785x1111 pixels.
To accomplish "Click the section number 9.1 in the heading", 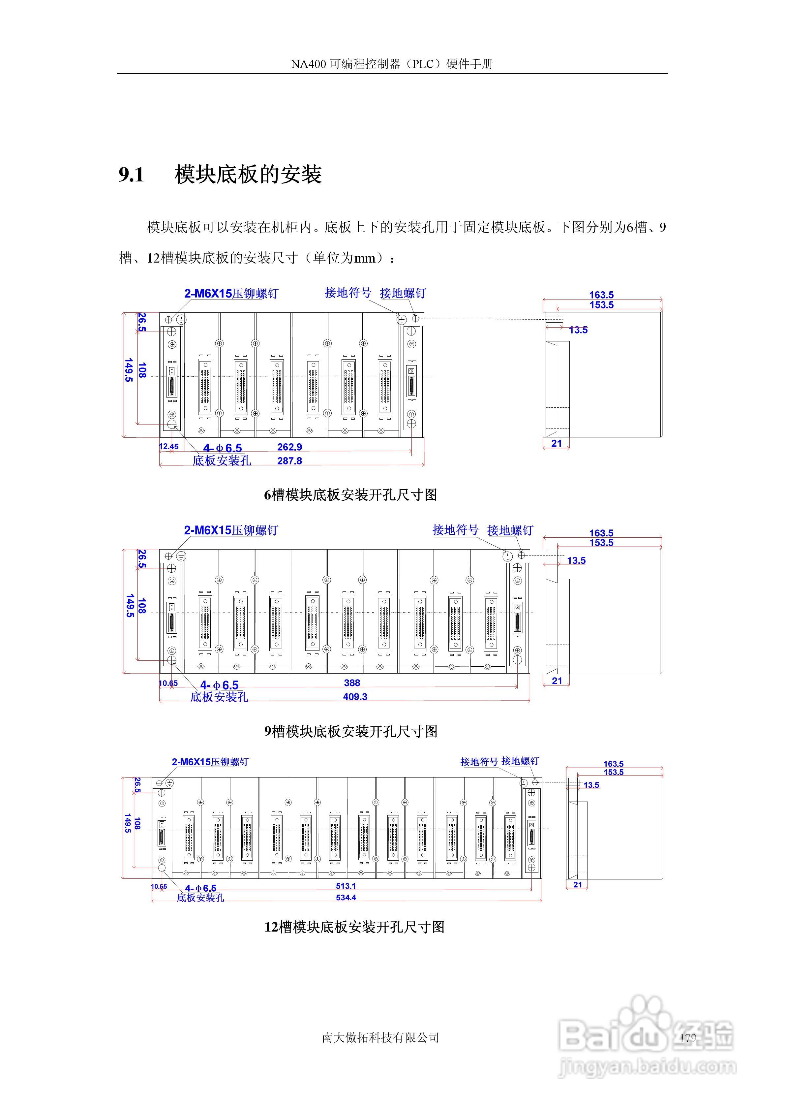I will (132, 175).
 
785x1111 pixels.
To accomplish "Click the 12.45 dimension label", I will (168, 447).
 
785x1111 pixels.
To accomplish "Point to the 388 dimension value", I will (352, 683).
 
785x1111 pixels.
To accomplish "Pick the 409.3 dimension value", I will (355, 697).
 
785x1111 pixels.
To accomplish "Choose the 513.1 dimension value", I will (346, 886).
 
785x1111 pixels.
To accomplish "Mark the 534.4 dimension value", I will (346, 898).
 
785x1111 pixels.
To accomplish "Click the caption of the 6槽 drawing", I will (350, 495).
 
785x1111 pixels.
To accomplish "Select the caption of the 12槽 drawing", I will (354, 927).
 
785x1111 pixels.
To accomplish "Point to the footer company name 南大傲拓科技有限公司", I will (380, 1037).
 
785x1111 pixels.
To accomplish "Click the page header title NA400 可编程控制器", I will (392, 64).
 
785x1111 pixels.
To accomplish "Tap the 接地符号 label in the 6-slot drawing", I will (348, 293).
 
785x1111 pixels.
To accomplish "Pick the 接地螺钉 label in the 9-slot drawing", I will (510, 530).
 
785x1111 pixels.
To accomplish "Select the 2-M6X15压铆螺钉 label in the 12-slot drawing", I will (210, 762).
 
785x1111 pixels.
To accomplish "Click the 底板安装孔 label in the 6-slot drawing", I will (222, 460).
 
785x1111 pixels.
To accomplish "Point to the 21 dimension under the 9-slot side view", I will (557, 681).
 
